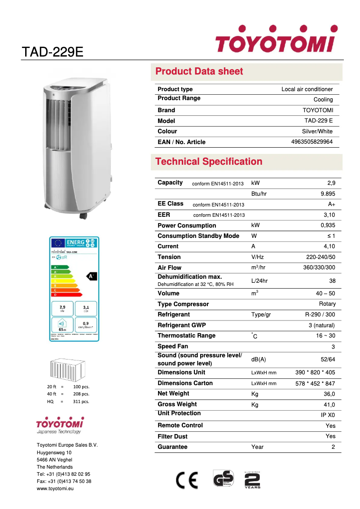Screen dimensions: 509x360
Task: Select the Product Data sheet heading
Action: pos(199,71)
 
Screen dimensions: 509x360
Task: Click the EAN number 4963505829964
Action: pos(312,142)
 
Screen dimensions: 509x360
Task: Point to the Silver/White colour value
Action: pos(317,132)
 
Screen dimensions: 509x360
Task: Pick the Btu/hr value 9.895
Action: pos(328,193)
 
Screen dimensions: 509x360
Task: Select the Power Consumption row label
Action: pos(187,225)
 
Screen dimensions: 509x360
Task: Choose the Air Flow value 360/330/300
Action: pos(319,268)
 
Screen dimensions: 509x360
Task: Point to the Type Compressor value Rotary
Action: pos(327,304)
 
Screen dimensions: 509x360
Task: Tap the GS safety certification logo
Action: pos(223,479)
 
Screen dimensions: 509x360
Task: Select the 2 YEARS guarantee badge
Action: pos(252,480)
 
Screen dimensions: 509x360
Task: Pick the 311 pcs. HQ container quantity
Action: pos(81,401)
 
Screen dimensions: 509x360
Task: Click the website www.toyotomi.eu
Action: pos(55,488)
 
